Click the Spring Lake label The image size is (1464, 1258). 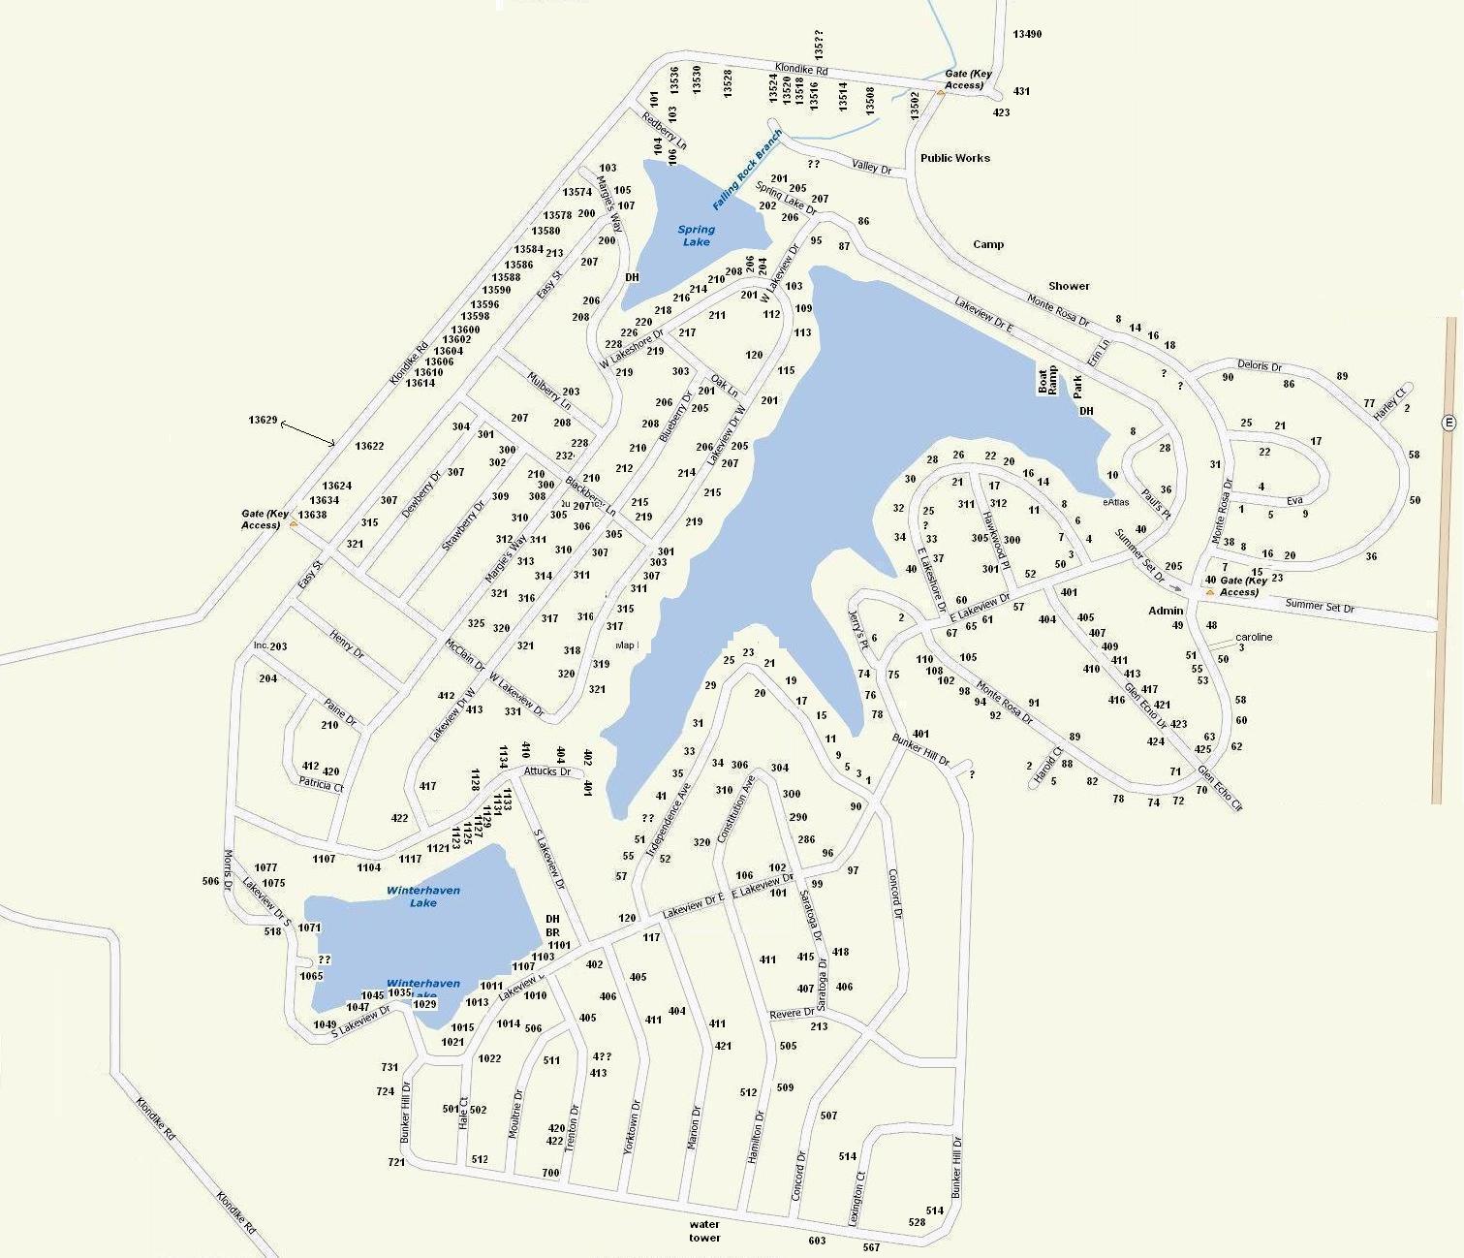(696, 236)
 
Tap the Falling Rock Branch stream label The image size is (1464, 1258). (746, 170)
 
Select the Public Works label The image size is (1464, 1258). (954, 158)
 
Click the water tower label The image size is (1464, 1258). (704, 1231)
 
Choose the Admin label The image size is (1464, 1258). (1166, 611)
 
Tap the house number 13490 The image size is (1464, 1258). (1027, 35)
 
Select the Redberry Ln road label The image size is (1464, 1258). (665, 130)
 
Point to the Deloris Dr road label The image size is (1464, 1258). (1259, 366)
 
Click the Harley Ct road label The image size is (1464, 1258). (1388, 404)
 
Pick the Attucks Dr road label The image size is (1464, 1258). (547, 771)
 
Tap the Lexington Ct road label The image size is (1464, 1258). (857, 1199)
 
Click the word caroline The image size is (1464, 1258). (1253, 637)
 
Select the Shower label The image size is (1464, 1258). (1068, 286)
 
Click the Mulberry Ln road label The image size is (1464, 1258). (549, 389)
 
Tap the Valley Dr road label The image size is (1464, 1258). (871, 168)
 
